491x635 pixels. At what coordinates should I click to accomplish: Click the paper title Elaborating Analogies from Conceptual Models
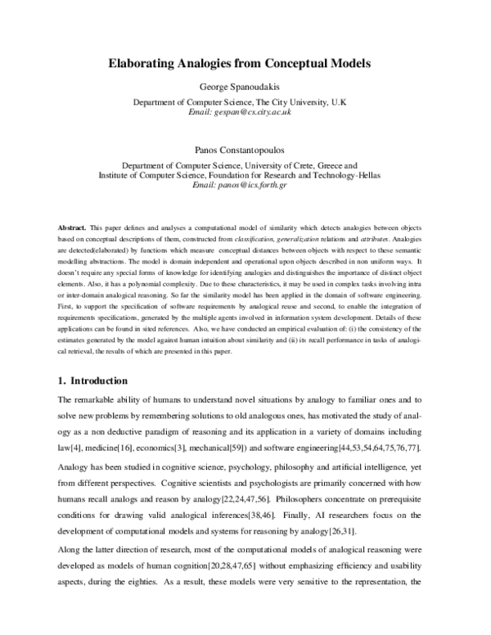(245, 62)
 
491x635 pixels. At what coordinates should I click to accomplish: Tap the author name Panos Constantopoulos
(245, 151)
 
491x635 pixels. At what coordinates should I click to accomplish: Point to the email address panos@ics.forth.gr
(245, 186)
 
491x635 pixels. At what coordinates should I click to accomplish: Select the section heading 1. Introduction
(92, 381)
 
